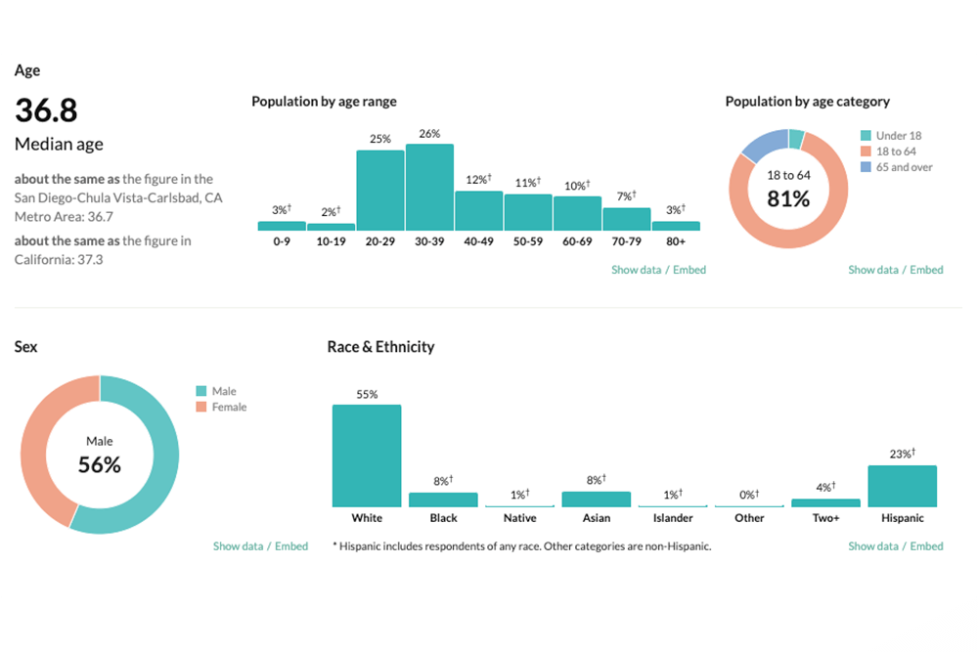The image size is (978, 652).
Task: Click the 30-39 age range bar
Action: (x=429, y=187)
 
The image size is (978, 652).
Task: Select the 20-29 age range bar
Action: (x=380, y=190)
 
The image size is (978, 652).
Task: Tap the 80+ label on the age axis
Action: (x=676, y=241)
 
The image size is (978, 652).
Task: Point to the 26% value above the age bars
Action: (x=429, y=134)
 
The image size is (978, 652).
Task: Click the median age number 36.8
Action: (x=46, y=109)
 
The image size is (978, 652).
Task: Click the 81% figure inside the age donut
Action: (x=787, y=198)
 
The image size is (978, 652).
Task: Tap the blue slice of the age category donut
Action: (x=764, y=145)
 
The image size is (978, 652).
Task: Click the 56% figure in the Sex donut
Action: (x=100, y=465)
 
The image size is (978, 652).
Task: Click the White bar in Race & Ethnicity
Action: (x=367, y=455)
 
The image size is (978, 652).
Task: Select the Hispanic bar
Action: (x=902, y=486)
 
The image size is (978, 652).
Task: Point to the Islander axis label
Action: (x=673, y=517)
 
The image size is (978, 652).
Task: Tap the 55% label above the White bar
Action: (x=367, y=395)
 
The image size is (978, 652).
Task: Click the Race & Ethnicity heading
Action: (x=380, y=347)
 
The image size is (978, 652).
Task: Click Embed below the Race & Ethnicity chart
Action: (x=926, y=546)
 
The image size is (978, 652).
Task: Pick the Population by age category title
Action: (x=807, y=102)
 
